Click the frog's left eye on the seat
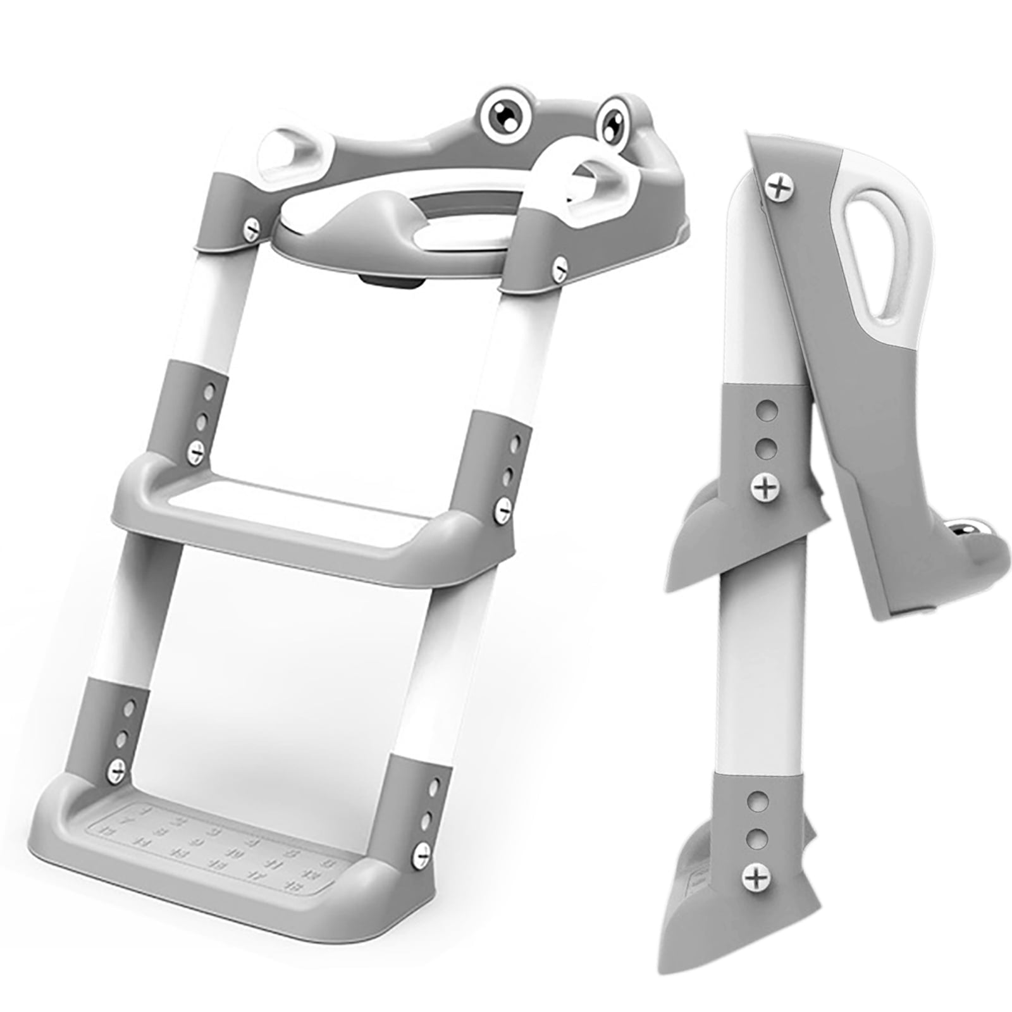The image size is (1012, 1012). point(505,113)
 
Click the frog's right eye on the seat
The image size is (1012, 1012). point(614,118)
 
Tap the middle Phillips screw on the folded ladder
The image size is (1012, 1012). point(765,485)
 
